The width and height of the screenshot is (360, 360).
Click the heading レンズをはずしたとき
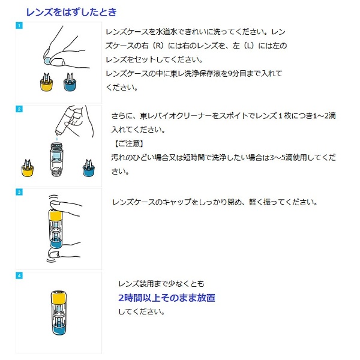[71, 12]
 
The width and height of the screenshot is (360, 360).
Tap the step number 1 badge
[19, 25]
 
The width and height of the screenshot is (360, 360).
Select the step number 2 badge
[19, 109]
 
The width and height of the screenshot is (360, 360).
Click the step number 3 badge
[19, 192]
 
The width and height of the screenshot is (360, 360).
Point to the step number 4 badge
[19, 275]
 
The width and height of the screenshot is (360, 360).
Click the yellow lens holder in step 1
[47, 82]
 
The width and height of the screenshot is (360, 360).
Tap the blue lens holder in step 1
[70, 82]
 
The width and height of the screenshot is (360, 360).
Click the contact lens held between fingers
[47, 61]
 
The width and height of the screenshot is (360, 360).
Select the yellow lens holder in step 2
[28, 168]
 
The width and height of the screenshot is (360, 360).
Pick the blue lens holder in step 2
[89, 168]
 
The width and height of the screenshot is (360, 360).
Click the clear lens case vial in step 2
[56, 159]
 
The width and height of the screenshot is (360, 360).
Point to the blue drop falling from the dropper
[57, 139]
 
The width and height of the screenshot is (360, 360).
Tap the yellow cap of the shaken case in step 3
[56, 216]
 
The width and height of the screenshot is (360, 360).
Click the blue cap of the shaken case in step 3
[56, 243]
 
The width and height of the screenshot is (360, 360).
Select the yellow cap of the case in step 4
[59, 297]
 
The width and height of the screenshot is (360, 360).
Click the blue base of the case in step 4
[59, 329]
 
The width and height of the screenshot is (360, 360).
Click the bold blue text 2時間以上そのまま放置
[167, 298]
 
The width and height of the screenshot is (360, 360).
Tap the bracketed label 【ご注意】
[129, 143]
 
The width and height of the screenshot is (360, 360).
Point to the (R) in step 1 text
[158, 46]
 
